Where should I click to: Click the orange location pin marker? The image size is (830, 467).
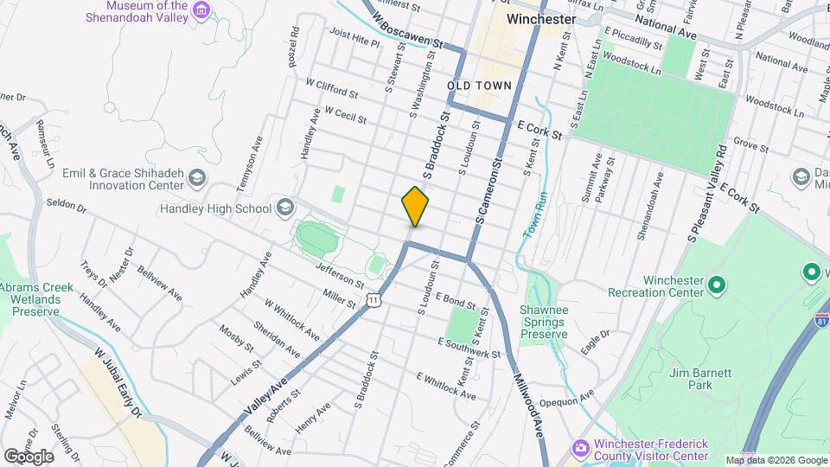(x=415, y=206)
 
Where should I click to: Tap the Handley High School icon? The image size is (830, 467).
(x=284, y=208)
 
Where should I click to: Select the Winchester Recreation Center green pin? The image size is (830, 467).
(x=716, y=283)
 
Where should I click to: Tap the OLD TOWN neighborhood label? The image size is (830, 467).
(x=479, y=85)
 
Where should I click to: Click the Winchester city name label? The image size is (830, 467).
(x=541, y=18)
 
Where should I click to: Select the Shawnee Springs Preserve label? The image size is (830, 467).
(x=543, y=322)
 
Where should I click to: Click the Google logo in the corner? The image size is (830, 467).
(x=29, y=456)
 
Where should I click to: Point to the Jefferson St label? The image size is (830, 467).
(x=340, y=277)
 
